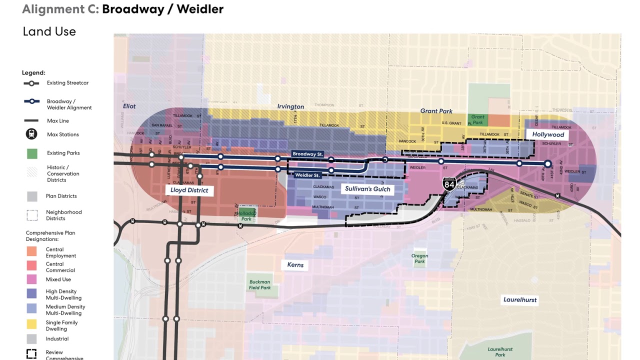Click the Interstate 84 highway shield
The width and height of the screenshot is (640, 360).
click(449, 184)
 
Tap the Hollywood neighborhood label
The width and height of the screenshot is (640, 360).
click(548, 134)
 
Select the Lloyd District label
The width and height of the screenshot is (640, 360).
click(189, 190)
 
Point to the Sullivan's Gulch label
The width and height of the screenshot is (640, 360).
click(367, 189)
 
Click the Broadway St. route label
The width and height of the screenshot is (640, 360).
click(307, 154)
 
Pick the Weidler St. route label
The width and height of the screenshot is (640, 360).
click(307, 175)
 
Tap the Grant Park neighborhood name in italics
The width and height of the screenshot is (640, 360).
click(436, 111)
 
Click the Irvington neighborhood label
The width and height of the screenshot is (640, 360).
click(290, 106)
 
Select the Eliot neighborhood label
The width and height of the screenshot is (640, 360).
click(129, 106)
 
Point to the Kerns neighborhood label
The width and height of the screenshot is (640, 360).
click(295, 264)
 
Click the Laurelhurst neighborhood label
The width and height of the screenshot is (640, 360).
click(520, 300)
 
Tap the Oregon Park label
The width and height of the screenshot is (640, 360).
click(419, 258)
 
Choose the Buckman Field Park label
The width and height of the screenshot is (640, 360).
click(259, 284)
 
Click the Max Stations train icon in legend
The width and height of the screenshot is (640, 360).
click(31, 134)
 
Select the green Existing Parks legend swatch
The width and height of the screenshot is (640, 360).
click(31, 153)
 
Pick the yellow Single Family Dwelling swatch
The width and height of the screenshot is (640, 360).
click(31, 323)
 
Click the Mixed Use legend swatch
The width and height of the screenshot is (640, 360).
click(31, 279)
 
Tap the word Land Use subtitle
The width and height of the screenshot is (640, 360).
click(49, 31)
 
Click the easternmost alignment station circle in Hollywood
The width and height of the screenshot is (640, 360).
click(547, 163)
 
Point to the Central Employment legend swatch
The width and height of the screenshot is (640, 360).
click(31, 251)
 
